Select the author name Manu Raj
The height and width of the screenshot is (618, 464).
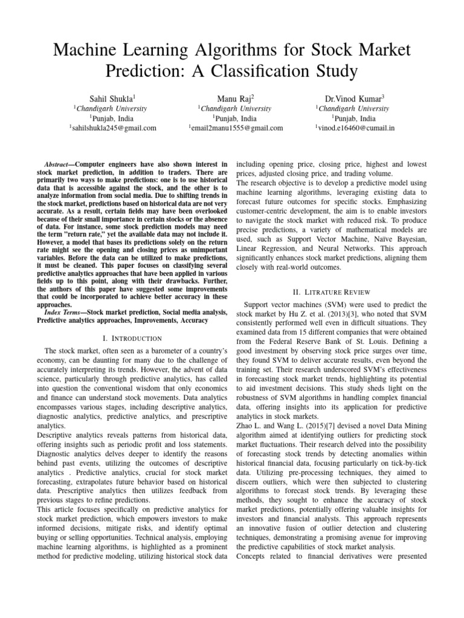coord(235,97)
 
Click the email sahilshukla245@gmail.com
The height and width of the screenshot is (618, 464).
coord(114,128)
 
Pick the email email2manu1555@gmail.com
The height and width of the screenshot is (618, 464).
coord(236,128)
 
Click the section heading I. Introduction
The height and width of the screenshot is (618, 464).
coord(135,338)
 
